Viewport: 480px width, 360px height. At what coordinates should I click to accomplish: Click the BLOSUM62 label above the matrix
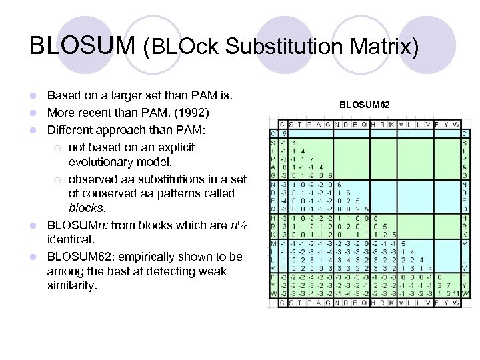(365, 105)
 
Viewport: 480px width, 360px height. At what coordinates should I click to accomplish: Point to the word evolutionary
(103, 162)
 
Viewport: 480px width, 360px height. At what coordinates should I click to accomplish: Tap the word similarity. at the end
(72, 286)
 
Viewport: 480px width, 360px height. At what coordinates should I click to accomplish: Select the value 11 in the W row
(455, 294)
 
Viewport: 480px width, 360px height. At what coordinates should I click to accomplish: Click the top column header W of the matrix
(457, 124)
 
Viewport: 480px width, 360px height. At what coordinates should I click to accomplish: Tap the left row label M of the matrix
(273, 244)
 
